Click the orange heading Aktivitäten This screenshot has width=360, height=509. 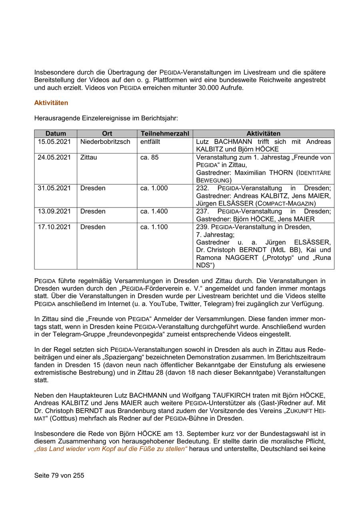pos(51,103)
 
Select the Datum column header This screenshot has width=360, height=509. pos(56,134)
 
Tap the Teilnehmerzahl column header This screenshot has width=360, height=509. pos(165,134)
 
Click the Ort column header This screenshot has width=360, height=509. pos(107,134)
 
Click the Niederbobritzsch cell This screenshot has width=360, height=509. pos(105,142)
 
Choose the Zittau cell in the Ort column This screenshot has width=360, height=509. pos(89,158)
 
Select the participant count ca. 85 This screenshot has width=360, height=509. pos(149,158)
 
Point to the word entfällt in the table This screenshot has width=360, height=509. pos(150,142)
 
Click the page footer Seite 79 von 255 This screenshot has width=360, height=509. pos(59,475)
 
